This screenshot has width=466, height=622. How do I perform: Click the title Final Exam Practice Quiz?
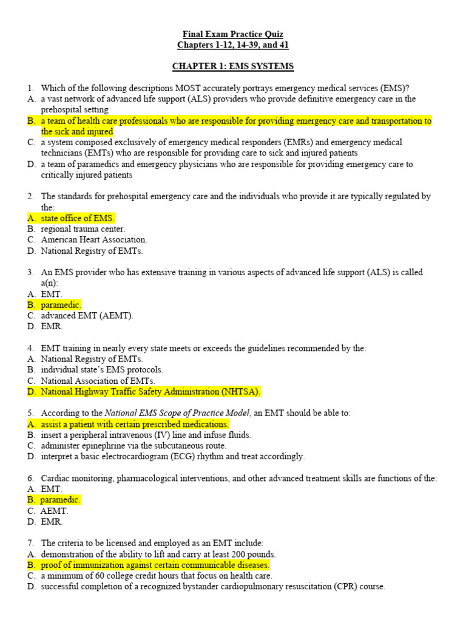coord(233,34)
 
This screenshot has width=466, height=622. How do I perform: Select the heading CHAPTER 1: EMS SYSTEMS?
coord(233,66)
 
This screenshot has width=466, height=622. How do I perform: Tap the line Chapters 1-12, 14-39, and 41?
coord(233,45)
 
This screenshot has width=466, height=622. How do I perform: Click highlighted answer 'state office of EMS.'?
coord(78,218)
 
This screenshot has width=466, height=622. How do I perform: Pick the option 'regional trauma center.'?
coord(83,229)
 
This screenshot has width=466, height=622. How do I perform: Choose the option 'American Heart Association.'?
coord(94,239)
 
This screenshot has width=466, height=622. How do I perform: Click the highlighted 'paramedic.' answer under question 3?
coord(61,305)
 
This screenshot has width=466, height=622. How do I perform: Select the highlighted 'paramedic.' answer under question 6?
coord(60,500)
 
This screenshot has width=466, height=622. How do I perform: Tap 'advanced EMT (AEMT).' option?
coord(87,316)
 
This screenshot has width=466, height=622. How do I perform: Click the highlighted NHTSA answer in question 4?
coord(150,391)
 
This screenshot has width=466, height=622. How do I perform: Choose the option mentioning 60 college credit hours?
coord(157,576)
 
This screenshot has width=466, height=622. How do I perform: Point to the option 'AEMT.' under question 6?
coord(55,511)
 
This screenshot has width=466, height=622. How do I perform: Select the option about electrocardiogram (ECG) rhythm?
coord(173,456)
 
